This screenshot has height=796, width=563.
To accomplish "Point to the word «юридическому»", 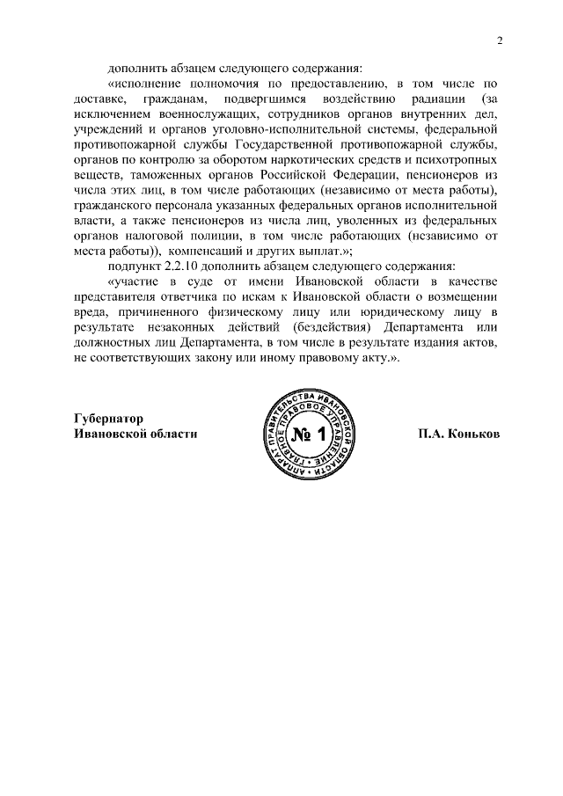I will click(389, 313).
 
